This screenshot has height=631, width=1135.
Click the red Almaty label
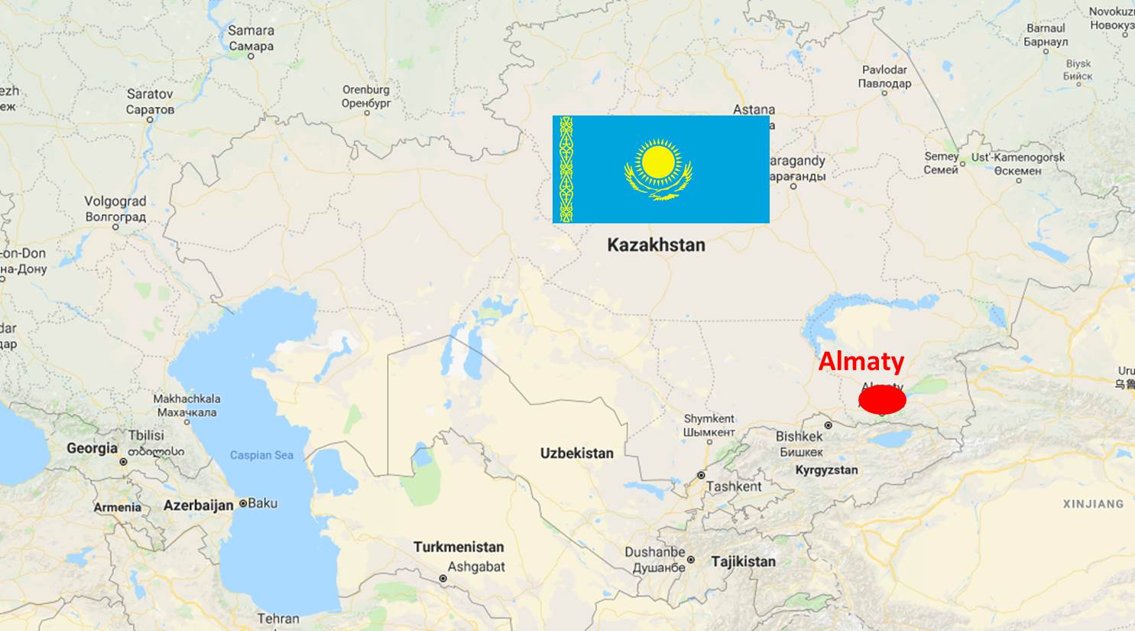(x=861, y=361)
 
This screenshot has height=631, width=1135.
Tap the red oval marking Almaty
(x=882, y=399)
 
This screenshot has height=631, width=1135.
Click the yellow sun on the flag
(x=658, y=161)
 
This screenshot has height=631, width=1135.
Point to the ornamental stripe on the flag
(x=566, y=169)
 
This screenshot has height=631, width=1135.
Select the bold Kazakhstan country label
(x=656, y=245)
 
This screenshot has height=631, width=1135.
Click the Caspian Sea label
(x=261, y=455)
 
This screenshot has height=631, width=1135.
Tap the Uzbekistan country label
(x=576, y=453)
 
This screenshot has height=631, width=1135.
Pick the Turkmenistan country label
(x=459, y=547)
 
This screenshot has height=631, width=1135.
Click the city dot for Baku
(x=243, y=503)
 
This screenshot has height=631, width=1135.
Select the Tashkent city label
(x=734, y=486)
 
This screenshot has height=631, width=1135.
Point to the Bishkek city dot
(x=828, y=425)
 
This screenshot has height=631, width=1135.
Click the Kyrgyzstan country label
(x=826, y=470)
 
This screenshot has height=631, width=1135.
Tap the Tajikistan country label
(x=743, y=561)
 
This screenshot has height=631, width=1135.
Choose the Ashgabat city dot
(x=443, y=579)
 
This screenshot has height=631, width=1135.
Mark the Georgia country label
(x=92, y=448)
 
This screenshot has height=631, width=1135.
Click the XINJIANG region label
(x=1093, y=504)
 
